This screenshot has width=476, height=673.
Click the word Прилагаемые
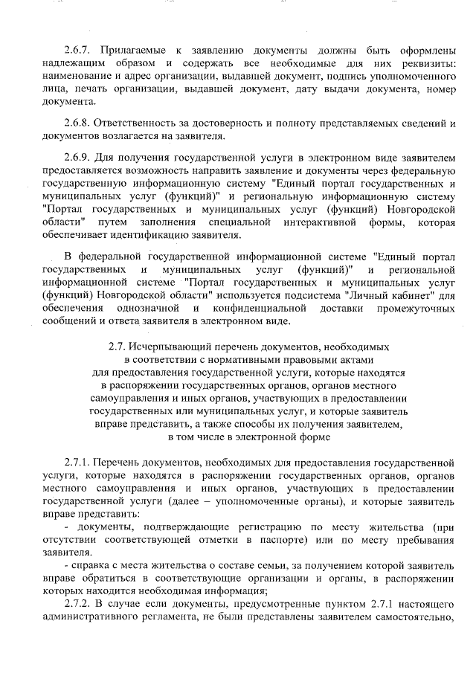click(x=132, y=50)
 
